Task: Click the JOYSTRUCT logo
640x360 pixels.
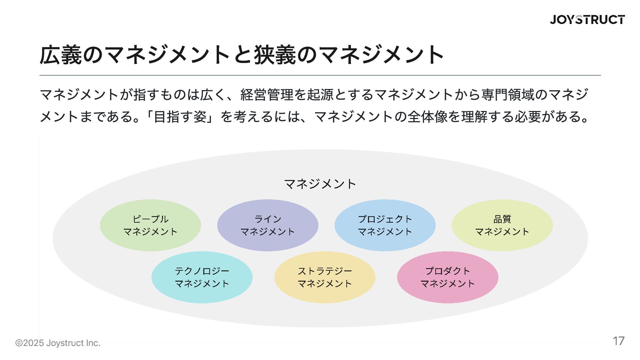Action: (587, 20)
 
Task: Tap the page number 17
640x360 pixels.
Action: (618, 341)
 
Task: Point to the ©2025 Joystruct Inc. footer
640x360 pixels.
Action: (58, 343)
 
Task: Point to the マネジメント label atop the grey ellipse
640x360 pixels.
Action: (320, 184)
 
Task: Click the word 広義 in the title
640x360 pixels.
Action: (61, 55)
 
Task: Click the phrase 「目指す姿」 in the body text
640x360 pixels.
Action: (180, 117)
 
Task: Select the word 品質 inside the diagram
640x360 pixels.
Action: (502, 219)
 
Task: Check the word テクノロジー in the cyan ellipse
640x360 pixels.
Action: (202, 271)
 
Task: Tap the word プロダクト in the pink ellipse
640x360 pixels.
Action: (447, 271)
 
